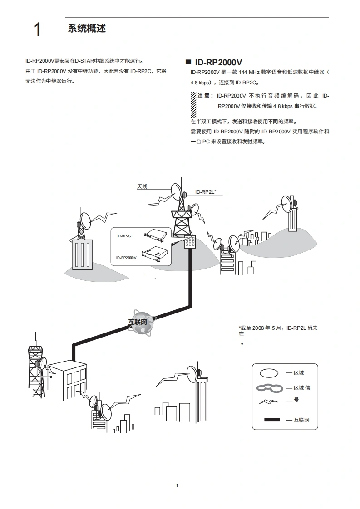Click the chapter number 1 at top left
click(37, 30)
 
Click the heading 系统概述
click(87, 28)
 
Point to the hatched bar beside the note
click(193, 105)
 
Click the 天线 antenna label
click(142, 186)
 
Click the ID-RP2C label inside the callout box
click(124, 236)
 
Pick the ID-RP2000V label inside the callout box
click(126, 258)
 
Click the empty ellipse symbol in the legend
click(269, 373)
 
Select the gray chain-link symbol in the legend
click(270, 388)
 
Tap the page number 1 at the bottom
click(177, 486)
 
